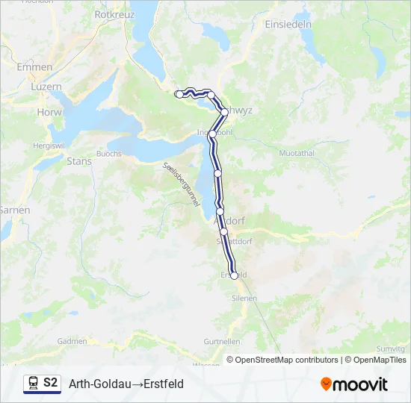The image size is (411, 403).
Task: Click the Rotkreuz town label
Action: tap(114, 14)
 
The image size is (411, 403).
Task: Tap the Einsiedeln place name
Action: tap(288, 24)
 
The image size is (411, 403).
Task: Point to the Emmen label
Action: tap(35, 67)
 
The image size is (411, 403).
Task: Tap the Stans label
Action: tap(79, 161)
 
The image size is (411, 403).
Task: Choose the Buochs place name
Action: tap(109, 153)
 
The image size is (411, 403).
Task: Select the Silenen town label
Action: tap(245, 298)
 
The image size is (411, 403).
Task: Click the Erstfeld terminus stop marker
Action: tap(234, 275)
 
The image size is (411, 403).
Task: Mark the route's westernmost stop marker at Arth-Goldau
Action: tap(179, 94)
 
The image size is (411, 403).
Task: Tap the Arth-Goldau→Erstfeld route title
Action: tap(126, 384)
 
